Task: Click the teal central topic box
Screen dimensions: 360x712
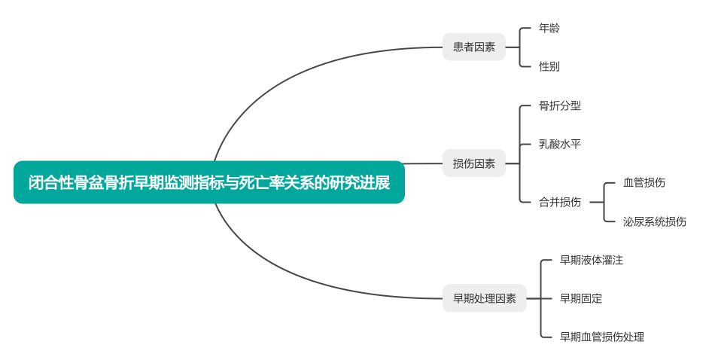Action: coord(208,182)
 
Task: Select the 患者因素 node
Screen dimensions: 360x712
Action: coord(473,47)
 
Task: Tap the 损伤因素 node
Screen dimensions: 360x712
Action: coord(473,163)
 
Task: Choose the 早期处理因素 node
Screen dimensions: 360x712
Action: coord(484,298)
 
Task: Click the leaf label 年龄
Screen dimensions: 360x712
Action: coord(549,28)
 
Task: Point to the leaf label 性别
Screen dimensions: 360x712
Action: coord(549,66)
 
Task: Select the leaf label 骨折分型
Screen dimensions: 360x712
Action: coord(560,105)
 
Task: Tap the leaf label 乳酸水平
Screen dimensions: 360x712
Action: coord(560,144)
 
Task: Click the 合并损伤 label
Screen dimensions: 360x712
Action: coord(560,202)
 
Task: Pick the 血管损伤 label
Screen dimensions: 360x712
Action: coord(644,182)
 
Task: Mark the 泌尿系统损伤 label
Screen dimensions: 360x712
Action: coord(655,221)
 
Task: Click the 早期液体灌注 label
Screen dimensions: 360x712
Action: coord(592,260)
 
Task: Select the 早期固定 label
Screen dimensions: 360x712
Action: coord(581,298)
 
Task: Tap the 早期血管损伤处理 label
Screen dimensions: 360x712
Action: coord(602,337)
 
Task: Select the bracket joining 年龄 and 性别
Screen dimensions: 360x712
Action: coord(521,47)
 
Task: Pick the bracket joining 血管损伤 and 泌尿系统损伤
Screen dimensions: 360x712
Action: coord(605,202)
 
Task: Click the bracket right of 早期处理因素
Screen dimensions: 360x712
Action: coord(542,298)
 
